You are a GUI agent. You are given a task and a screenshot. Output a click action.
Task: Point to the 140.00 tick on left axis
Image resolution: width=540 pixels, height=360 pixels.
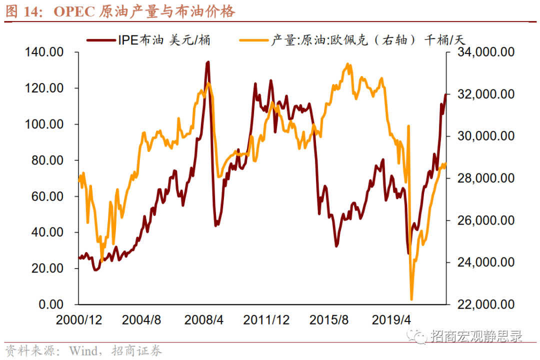tap(44, 52)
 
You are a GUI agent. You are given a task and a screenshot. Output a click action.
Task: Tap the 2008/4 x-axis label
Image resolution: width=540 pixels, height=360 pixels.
tap(204, 320)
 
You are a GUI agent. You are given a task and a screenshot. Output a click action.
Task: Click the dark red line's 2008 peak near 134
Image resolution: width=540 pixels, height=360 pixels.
tap(208, 62)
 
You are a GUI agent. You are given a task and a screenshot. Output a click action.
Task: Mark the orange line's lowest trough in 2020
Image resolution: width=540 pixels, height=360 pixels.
tap(412, 299)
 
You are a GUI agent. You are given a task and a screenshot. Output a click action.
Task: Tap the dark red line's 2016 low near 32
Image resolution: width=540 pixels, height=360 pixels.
tap(337, 246)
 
